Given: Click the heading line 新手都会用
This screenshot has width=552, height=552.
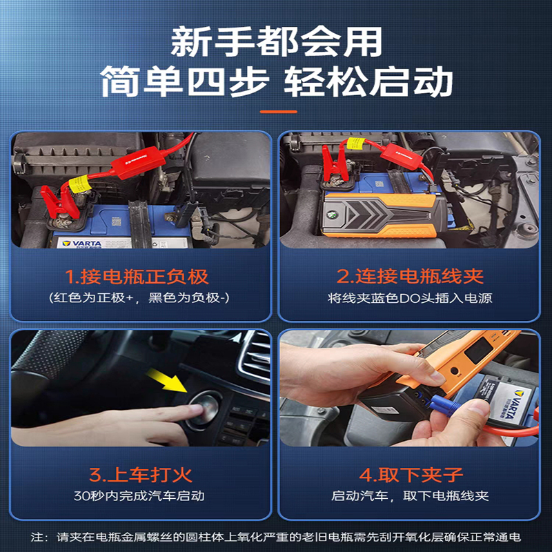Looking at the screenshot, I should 276,43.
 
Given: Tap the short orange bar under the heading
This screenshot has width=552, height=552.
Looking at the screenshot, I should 276,111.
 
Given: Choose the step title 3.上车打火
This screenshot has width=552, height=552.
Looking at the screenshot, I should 140,475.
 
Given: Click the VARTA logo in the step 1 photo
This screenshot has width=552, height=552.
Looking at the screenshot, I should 82,243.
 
